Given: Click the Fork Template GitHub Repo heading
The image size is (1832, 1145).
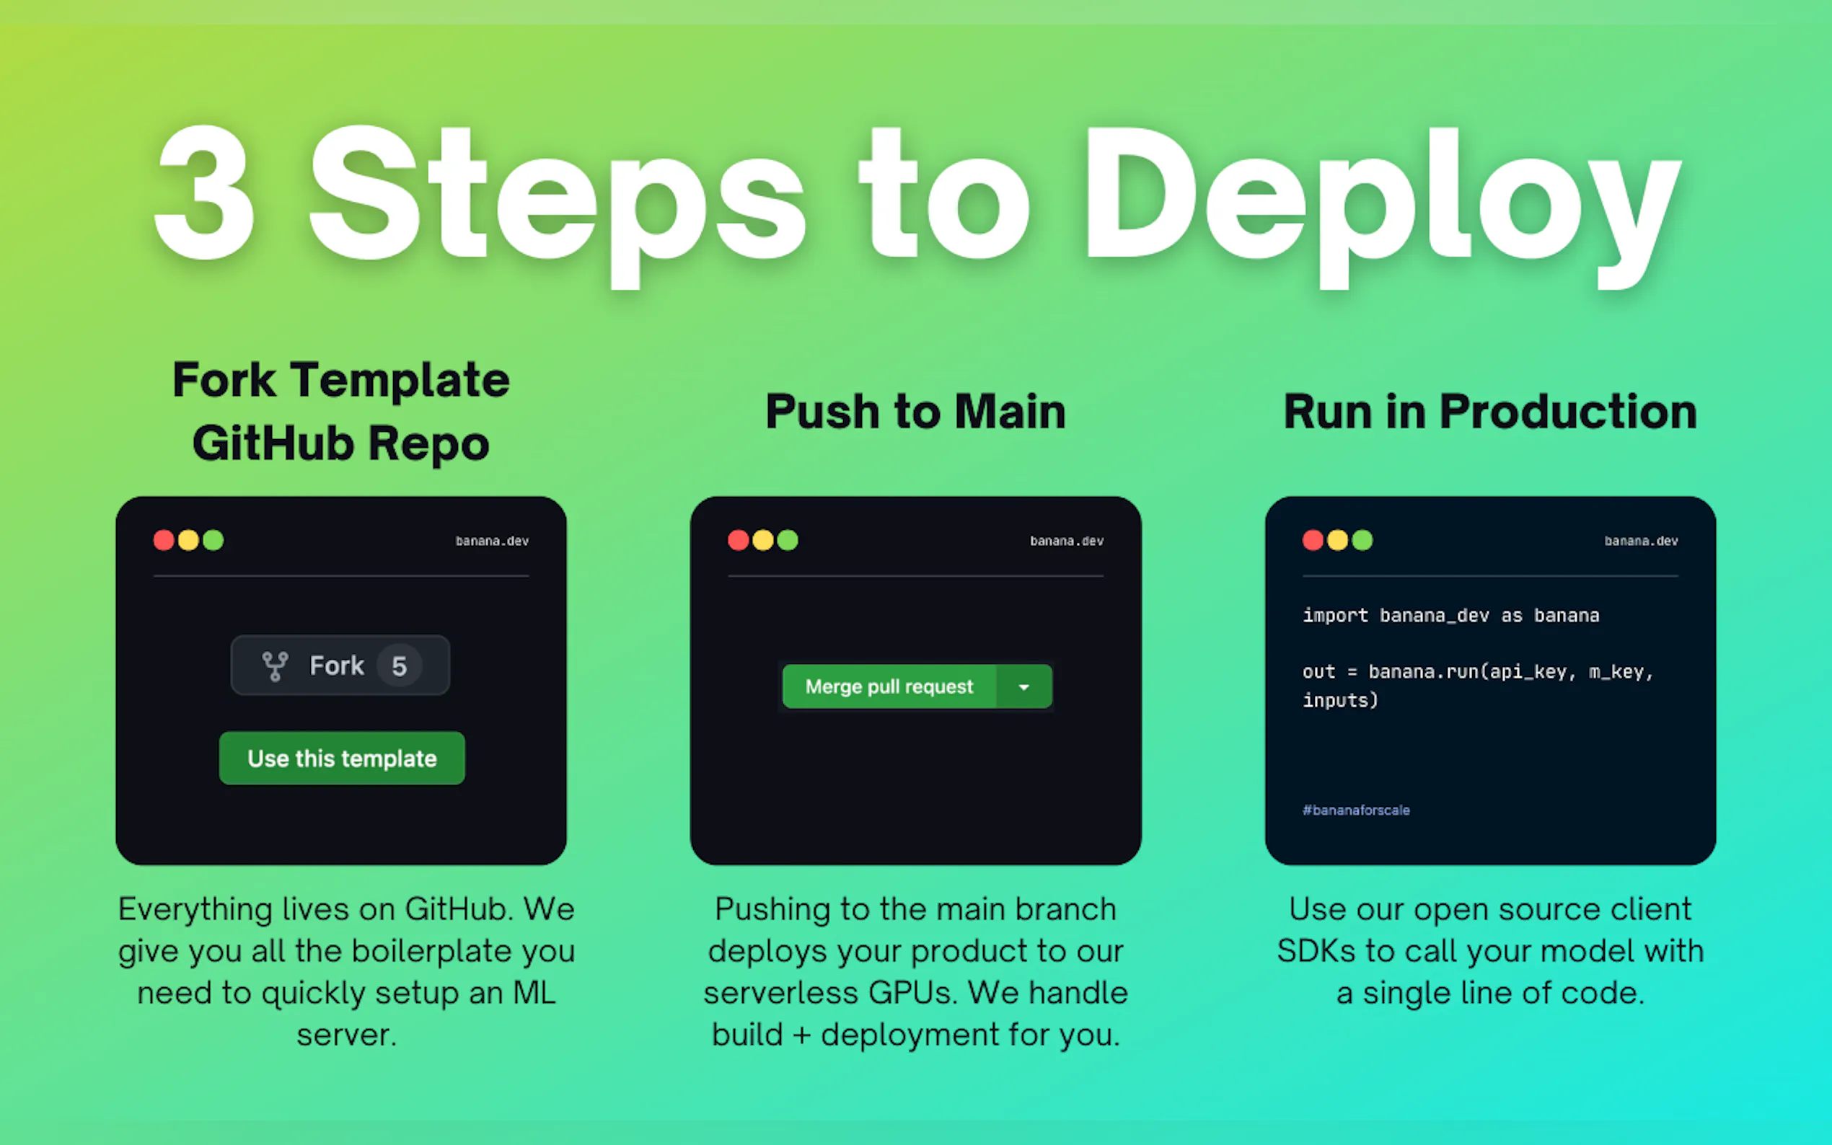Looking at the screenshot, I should (x=341, y=411).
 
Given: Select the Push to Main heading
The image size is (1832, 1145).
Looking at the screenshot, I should (x=915, y=412).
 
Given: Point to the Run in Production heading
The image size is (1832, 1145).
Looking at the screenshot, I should (x=1489, y=412).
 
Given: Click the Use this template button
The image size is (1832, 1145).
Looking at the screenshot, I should (x=342, y=758).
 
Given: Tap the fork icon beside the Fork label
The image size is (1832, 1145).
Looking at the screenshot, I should (x=275, y=666).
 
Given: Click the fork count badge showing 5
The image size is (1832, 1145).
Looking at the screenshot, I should (x=399, y=666).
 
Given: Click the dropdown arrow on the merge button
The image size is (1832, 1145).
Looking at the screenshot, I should (x=1024, y=687).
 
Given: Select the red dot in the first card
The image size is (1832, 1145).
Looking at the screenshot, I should (x=164, y=540).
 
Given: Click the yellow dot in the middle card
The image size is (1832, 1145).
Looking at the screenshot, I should (x=762, y=540).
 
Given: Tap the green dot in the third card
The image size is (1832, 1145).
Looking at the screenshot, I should (x=1362, y=540).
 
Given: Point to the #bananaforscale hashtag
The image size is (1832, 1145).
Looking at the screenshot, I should (x=1356, y=810).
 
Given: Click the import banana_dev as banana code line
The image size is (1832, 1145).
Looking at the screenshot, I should (x=1450, y=616).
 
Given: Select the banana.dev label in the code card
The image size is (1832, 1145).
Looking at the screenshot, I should (x=1640, y=541).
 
